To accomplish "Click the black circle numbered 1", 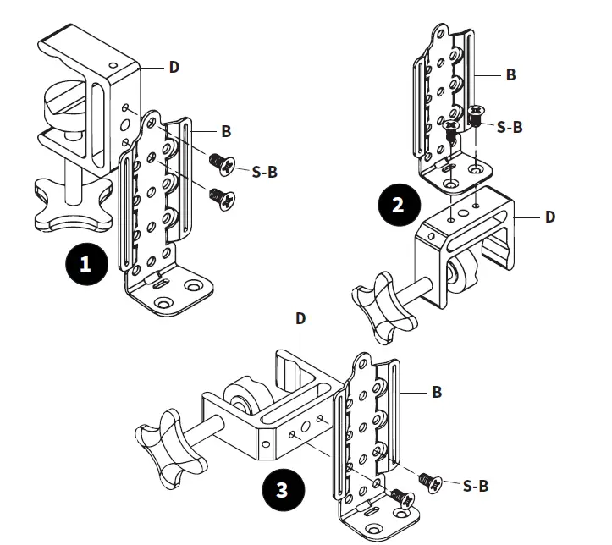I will click(x=85, y=264).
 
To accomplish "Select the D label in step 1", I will click(x=174, y=67).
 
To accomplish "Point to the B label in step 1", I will click(x=226, y=132).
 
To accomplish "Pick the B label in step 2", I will click(x=510, y=74).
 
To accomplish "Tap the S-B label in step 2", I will click(x=510, y=127).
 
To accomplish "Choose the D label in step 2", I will click(x=550, y=217).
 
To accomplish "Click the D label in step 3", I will click(x=300, y=319).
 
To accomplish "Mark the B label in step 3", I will click(x=437, y=393).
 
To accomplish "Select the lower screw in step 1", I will click(x=223, y=196).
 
